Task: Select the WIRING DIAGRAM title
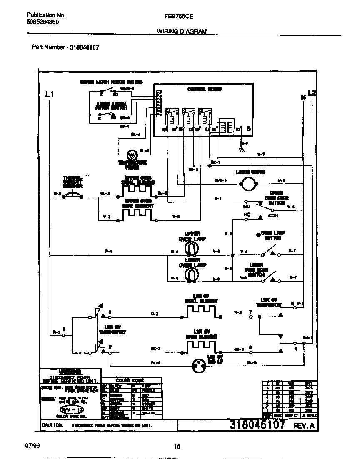(x=181, y=31)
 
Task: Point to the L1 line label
(x=50, y=95)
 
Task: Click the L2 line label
(x=312, y=92)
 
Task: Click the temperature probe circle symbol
(x=132, y=155)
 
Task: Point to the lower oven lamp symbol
(x=191, y=275)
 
